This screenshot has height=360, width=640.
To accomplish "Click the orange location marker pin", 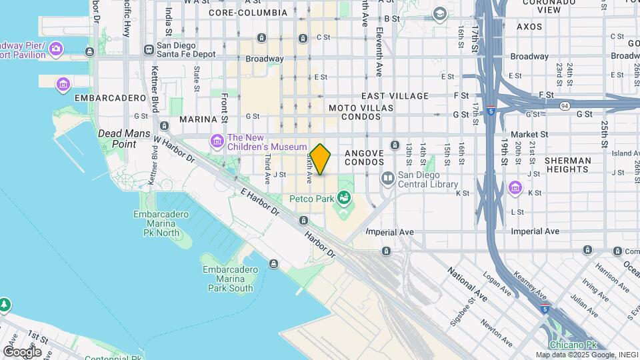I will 321,159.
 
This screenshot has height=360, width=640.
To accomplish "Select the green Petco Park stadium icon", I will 344,197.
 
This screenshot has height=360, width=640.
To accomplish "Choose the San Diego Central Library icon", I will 387,178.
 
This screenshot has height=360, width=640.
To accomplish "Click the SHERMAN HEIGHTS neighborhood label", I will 567,165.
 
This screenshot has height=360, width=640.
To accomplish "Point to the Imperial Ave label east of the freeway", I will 535,231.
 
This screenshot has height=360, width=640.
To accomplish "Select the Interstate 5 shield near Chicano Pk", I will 545,309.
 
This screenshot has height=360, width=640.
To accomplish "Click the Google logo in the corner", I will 21,351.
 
